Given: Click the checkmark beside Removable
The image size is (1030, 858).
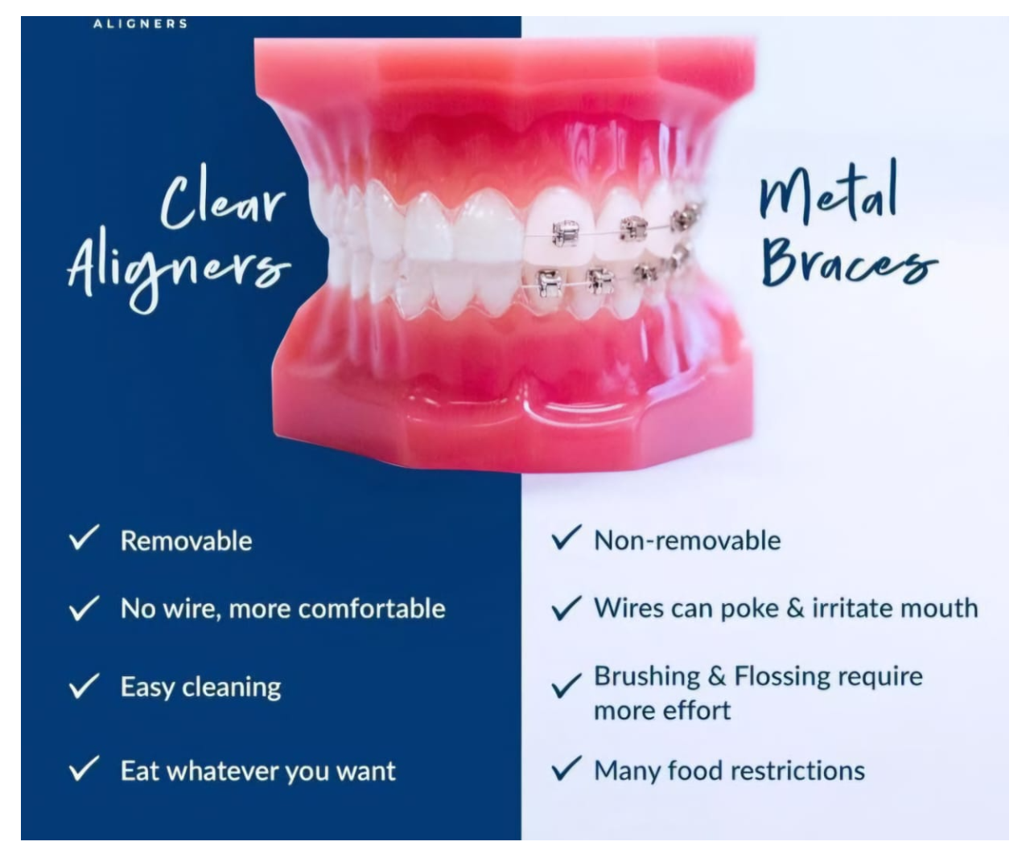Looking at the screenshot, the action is [84, 537].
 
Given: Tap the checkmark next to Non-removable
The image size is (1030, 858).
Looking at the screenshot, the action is [566, 537].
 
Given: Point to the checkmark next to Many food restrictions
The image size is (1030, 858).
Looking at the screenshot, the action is [566, 768].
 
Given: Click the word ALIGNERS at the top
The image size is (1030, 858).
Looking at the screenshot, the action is [141, 23].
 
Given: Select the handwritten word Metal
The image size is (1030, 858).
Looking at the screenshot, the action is [828, 193].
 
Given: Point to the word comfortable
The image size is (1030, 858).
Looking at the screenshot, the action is [372, 609].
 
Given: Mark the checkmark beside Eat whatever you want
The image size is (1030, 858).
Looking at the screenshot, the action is [84, 768].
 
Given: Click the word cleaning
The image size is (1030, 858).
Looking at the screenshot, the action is [232, 688].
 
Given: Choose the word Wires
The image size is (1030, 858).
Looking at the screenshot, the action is [629, 608].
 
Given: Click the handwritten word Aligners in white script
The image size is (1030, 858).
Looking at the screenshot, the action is [179, 269].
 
